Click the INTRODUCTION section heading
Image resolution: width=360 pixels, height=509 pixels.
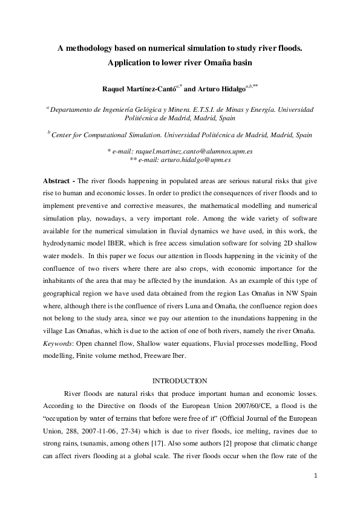[x=180, y=381]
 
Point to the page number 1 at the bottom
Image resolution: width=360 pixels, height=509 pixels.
[x=316, y=477]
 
